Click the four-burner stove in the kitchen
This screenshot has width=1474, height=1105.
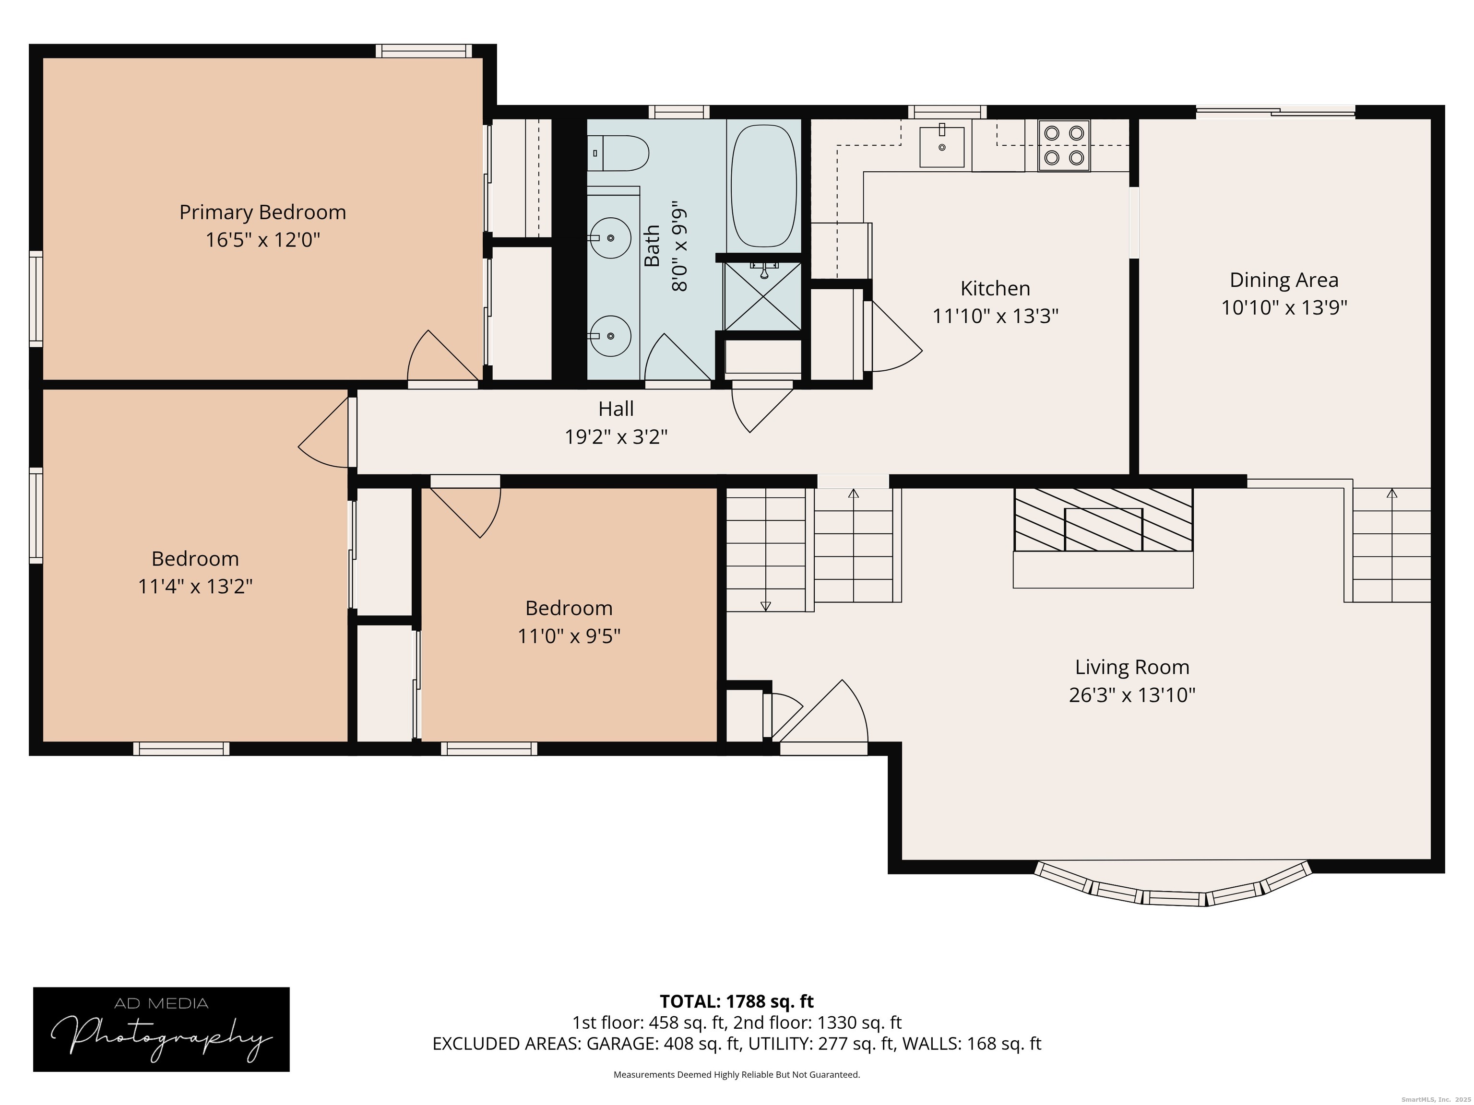coord(1064,146)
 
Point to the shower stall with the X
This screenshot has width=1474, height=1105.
coord(763,296)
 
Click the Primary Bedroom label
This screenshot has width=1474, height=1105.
coord(262,212)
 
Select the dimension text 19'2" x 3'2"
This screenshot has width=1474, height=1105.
coord(616,437)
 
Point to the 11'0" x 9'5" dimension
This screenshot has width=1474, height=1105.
coord(569,636)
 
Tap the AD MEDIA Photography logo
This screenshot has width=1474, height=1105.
coord(161,1030)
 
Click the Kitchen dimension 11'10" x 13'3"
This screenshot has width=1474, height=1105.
coord(995,316)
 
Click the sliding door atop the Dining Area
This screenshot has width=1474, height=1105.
coord(1275,113)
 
